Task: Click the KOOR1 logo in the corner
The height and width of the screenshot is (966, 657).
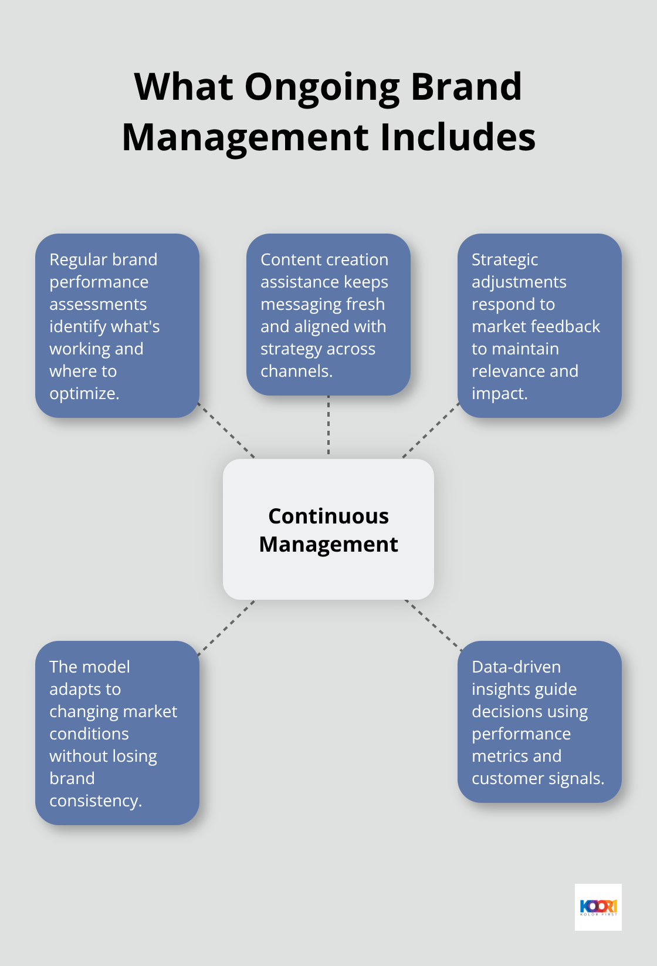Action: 598,907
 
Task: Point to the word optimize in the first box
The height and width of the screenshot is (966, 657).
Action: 83,394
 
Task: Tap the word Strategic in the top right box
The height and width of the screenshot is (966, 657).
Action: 504,260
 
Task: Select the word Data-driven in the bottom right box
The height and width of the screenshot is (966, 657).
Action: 516,667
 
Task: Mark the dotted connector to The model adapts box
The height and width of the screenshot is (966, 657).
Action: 226,627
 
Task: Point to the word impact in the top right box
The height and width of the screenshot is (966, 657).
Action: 499,394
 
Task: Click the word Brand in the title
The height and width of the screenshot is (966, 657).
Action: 466,87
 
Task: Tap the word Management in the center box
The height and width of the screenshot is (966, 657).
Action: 328,545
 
